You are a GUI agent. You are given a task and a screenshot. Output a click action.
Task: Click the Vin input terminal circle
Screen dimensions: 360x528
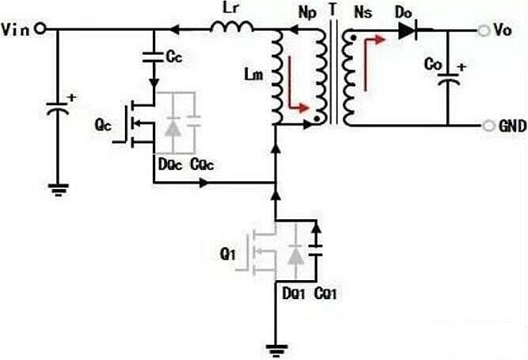click(x=40, y=29)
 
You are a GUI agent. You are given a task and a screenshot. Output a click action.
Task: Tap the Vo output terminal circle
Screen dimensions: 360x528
click(x=481, y=29)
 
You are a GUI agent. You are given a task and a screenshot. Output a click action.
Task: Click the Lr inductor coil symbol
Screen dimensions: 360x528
click(x=232, y=28)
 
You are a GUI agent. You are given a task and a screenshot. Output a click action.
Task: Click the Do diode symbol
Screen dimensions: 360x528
click(x=408, y=30)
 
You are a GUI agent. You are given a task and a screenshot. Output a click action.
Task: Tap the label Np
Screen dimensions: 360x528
click(x=303, y=13)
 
